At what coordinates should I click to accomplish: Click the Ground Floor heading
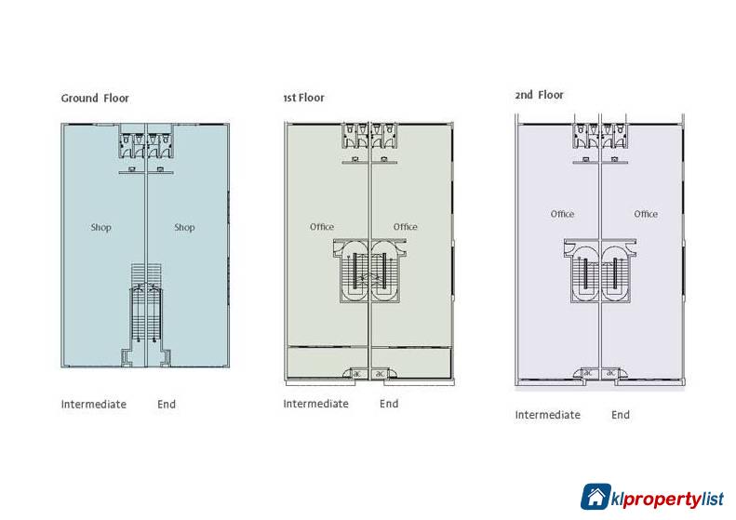95,98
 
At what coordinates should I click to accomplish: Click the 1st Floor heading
303,98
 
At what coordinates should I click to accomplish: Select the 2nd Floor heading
539,95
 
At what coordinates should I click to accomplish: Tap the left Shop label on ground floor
100,228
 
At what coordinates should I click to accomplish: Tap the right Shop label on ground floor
184,228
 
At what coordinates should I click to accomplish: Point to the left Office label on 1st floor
322,227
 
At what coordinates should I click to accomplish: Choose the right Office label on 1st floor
405,227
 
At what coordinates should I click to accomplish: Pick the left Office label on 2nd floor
562,214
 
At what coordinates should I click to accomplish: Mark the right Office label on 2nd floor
646,214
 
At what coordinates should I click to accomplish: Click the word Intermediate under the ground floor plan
94,404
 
